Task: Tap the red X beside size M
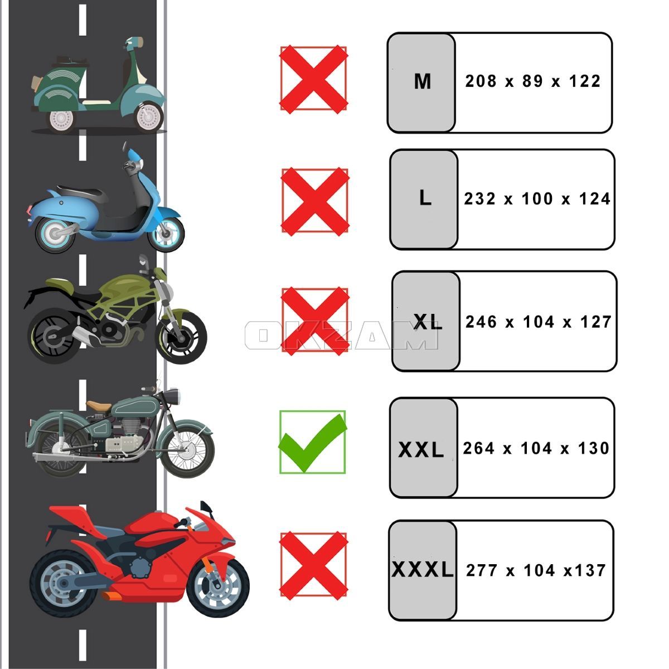[x=313, y=80]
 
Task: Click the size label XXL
[x=421, y=450]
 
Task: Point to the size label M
[x=423, y=82]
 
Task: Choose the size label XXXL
[x=423, y=570]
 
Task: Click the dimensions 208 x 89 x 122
[x=533, y=81]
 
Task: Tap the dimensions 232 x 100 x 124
[x=537, y=199]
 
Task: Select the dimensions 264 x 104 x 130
[x=536, y=448]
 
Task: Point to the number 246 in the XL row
[x=481, y=322]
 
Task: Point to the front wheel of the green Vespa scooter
[x=149, y=117]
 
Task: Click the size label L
[x=425, y=198]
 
